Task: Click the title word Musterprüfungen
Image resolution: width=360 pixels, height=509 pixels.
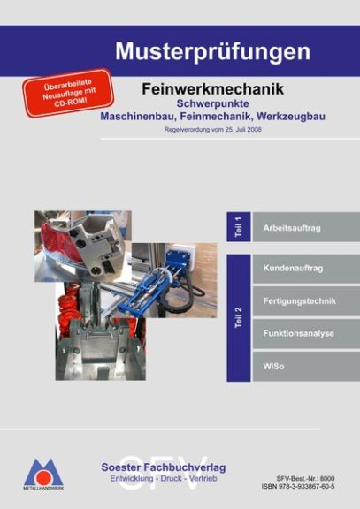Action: pos(213,52)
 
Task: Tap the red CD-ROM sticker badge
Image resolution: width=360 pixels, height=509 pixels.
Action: pos(68,93)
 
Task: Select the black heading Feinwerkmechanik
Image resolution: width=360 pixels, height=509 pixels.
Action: pos(213,89)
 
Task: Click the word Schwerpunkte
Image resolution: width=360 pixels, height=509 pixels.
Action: pos(213,103)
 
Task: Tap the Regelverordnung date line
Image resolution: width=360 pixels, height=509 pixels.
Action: pos(213,130)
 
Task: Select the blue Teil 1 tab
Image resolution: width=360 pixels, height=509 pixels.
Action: pos(239,226)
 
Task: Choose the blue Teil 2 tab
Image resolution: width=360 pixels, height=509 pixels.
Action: pos(239,317)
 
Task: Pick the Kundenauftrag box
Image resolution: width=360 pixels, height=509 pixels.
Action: pos(306,269)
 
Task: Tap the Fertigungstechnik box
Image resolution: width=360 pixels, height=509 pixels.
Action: pos(306,301)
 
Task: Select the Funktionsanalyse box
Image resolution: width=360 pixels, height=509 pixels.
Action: pos(306,334)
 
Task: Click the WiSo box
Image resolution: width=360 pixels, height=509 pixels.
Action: pos(306,367)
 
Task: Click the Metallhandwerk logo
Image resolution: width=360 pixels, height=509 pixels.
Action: pos(43,475)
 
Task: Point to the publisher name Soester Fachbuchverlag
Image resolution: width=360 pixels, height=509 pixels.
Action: pos(164,467)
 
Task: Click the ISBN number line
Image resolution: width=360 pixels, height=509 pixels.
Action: pos(298,486)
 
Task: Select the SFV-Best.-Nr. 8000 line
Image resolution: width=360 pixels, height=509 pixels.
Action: pos(305,478)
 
